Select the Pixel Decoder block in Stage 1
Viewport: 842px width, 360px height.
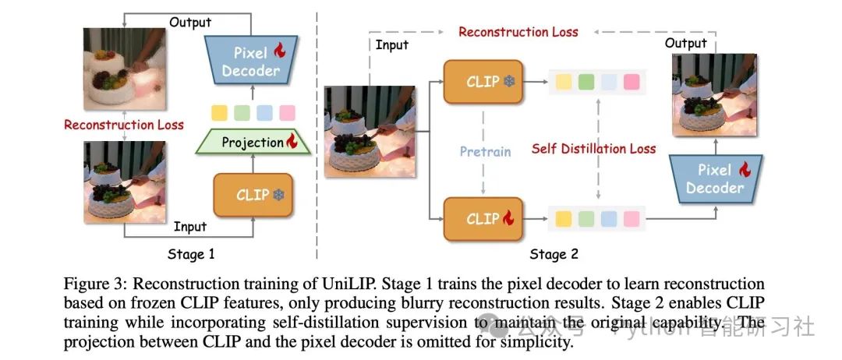tap(250, 62)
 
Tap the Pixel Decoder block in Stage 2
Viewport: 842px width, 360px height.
tap(714, 178)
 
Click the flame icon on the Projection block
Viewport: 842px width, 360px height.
tap(292, 142)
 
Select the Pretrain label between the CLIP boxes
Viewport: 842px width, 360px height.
tap(484, 150)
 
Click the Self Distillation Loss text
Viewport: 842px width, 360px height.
tap(594, 148)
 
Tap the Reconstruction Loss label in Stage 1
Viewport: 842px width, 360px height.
tap(124, 125)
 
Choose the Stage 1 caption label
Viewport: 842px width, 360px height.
tap(191, 254)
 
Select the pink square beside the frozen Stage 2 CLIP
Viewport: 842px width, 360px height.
tap(631, 81)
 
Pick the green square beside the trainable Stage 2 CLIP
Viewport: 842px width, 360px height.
tap(586, 219)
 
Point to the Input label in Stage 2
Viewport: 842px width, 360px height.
tap(391, 45)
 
